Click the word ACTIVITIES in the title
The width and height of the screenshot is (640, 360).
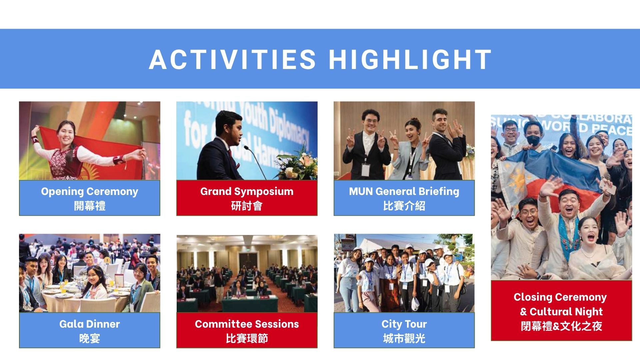click(232, 60)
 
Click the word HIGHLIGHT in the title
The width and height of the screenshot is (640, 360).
click(410, 60)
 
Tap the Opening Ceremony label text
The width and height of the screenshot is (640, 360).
click(90, 192)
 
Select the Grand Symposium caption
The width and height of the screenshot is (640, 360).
click(247, 192)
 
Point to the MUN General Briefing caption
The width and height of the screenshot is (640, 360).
click(404, 191)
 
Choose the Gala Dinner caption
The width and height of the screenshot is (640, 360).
click(90, 324)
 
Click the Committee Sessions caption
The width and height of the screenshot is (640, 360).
click(247, 324)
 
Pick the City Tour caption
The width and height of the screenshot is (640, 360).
click(404, 324)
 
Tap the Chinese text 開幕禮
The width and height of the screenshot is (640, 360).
click(90, 206)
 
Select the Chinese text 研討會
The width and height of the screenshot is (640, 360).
click(247, 206)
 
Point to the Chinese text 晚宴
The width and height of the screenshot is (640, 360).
click(90, 339)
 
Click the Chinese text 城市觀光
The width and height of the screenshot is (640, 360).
click(404, 339)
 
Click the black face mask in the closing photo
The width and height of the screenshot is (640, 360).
click(534, 140)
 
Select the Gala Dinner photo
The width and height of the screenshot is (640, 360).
click(90, 273)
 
